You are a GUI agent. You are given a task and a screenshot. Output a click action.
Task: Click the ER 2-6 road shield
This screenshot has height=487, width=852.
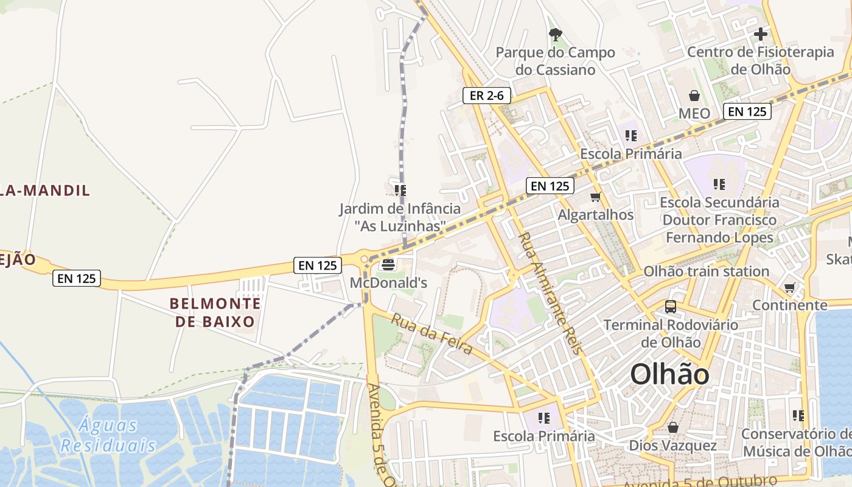coord(487,96)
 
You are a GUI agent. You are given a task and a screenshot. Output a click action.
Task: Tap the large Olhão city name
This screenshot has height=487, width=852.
coord(669,374)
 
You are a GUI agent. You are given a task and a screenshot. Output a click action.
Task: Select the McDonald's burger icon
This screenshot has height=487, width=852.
coord(388,265)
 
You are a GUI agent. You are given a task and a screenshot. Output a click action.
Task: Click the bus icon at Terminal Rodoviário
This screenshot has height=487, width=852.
coord(671,307)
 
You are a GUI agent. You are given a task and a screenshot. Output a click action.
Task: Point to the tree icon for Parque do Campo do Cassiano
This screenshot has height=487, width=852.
coord(555,34)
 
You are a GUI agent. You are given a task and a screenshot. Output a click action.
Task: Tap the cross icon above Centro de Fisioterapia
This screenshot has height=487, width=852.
coord(760,34)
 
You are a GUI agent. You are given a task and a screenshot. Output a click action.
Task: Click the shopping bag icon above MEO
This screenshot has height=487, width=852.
coord(694,96)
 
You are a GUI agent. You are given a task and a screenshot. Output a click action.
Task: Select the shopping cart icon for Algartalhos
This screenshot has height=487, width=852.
coord(596,197)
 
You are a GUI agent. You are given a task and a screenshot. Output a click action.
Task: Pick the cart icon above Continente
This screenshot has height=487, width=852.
coord(790,287)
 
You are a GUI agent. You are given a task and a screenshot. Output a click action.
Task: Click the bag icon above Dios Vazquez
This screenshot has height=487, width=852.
coord(673,427)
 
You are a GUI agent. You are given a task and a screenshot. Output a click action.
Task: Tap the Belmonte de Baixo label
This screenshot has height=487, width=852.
coord(215,312)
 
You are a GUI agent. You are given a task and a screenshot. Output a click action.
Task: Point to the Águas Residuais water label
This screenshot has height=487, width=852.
coord(108,435)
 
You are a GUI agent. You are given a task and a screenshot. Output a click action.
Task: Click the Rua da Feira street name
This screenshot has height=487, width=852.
coord(431,334)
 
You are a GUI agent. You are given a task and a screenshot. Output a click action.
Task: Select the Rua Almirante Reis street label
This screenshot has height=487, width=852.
coord(550,293)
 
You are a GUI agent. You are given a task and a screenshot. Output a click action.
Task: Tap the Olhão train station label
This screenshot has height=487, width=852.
coord(707,272)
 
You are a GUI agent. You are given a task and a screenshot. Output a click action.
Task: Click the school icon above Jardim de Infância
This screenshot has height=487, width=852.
coord(400,191)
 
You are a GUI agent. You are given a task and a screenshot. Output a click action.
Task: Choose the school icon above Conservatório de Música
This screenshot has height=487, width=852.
coord(798,416)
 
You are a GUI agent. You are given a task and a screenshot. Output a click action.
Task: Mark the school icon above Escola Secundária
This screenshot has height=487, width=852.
coord(719,184)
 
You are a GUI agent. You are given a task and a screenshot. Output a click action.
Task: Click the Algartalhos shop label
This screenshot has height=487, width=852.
coord(596,215)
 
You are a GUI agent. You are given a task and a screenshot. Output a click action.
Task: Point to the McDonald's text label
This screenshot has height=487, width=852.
coord(388,283)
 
